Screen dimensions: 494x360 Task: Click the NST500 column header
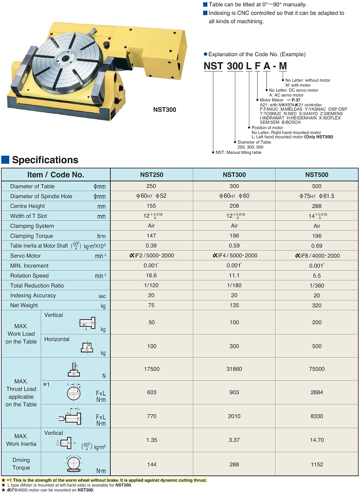(x=317, y=174)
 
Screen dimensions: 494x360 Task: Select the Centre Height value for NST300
(x=234, y=206)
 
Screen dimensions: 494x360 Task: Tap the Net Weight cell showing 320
(x=317, y=305)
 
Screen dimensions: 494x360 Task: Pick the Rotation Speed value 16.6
(x=151, y=275)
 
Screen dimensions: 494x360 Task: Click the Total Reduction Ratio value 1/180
(x=234, y=286)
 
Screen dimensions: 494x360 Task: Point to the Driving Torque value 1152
(x=317, y=464)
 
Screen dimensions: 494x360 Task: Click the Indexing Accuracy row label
(x=33, y=295)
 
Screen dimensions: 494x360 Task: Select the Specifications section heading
(x=45, y=160)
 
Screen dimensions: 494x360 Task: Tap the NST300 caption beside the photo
(x=165, y=109)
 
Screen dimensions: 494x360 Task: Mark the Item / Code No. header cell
(x=56, y=174)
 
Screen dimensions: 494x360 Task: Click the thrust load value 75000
(x=317, y=369)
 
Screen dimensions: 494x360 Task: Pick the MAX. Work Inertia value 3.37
(x=234, y=440)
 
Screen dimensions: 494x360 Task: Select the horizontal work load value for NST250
(x=151, y=346)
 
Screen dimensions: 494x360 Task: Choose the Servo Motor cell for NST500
(x=317, y=256)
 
